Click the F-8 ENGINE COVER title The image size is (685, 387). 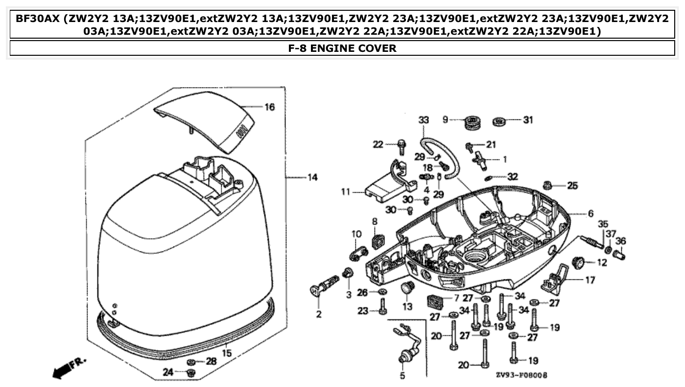(x=342, y=48)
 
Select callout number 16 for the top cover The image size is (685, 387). (x=270, y=107)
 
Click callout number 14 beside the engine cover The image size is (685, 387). (x=312, y=178)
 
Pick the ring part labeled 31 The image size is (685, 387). (x=500, y=120)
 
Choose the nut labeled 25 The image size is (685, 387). (x=548, y=185)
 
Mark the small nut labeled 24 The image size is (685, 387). (x=191, y=373)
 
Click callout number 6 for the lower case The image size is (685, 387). (x=590, y=213)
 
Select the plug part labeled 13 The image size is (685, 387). (x=406, y=289)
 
